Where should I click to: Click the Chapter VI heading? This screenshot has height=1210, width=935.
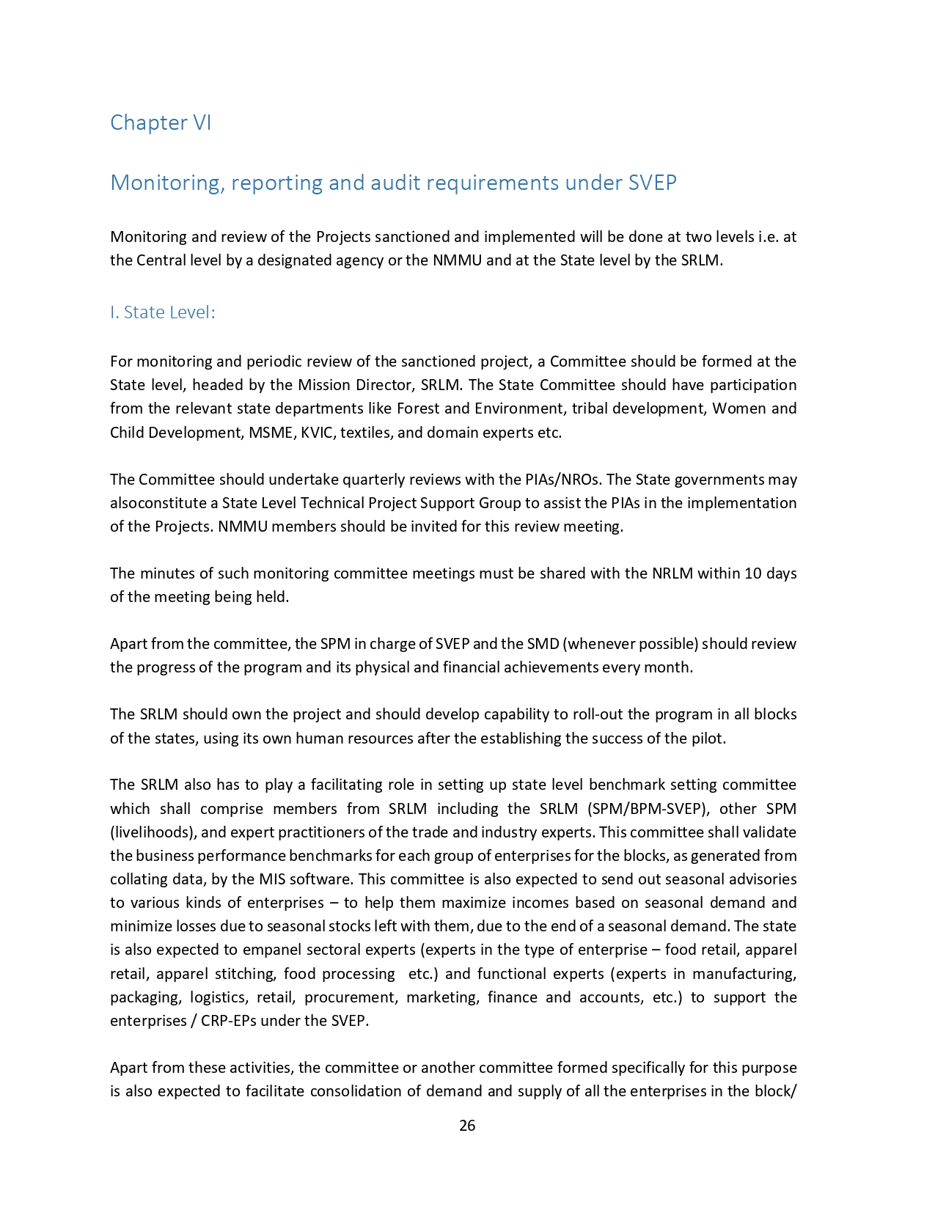point(161,122)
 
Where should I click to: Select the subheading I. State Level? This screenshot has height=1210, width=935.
point(163,312)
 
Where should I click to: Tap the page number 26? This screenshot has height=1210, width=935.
point(467,1126)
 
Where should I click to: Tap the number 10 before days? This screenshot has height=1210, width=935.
point(753,573)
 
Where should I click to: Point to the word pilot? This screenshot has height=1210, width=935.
point(708,738)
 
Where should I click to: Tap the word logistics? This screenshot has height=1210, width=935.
point(218,997)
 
